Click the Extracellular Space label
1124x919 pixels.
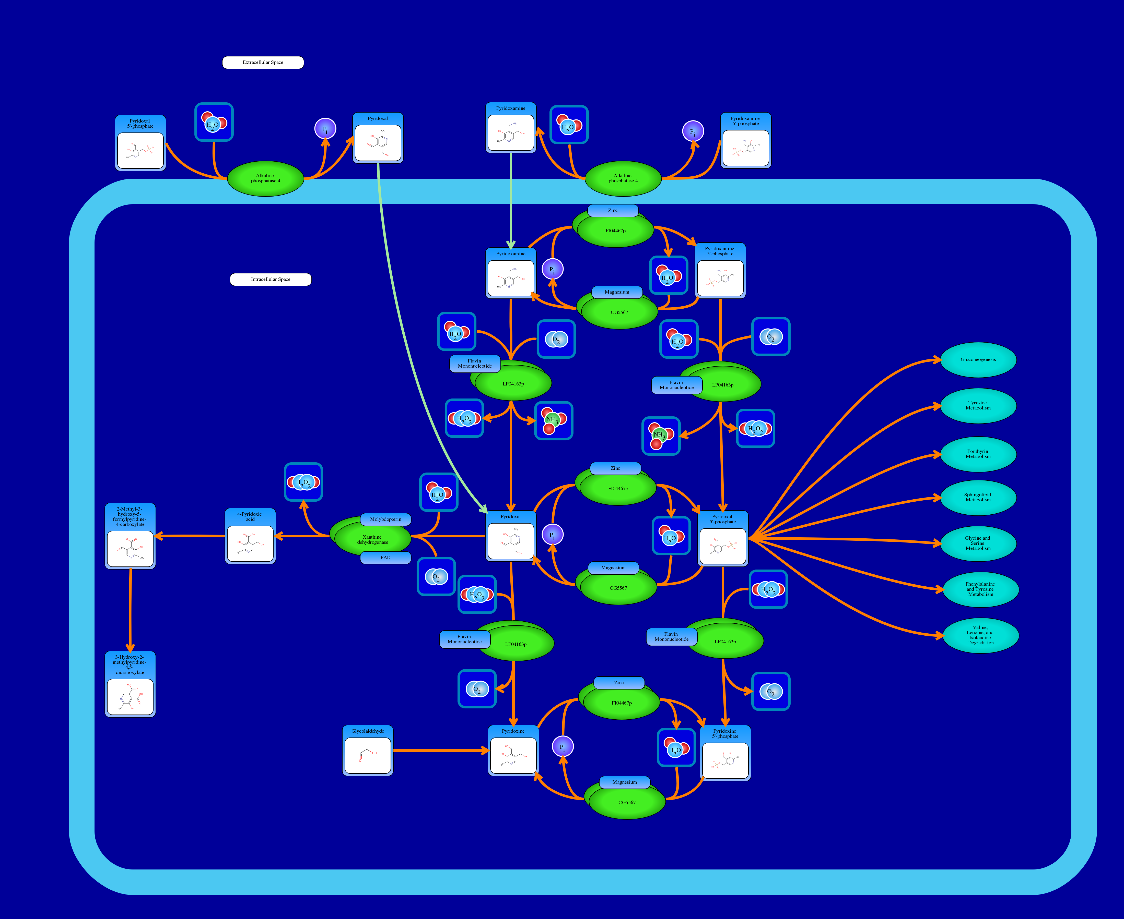click(x=263, y=63)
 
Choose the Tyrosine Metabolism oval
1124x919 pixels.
click(x=978, y=405)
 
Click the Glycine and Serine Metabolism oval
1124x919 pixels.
click(x=978, y=543)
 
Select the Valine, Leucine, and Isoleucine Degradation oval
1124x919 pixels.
click(x=980, y=635)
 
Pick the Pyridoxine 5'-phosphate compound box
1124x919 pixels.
click(x=725, y=753)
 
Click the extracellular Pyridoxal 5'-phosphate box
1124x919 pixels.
click(x=140, y=143)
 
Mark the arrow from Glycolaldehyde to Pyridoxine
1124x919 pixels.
click(x=440, y=750)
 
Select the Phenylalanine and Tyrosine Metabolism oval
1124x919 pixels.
click(x=980, y=589)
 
